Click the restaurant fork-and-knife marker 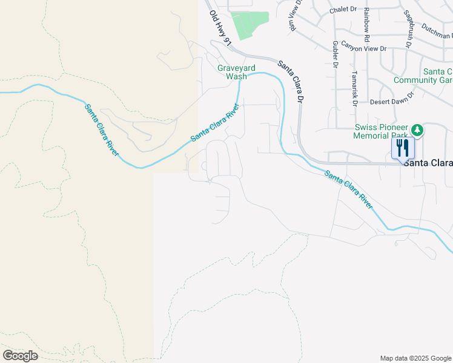[403, 148]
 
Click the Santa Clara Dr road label [289, 80]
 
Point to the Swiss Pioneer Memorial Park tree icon [417, 129]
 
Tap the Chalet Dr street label [343, 10]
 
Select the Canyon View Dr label [364, 44]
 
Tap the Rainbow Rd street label [367, 25]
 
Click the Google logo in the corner [21, 356]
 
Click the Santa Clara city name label [428, 163]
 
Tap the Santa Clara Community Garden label [423, 76]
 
